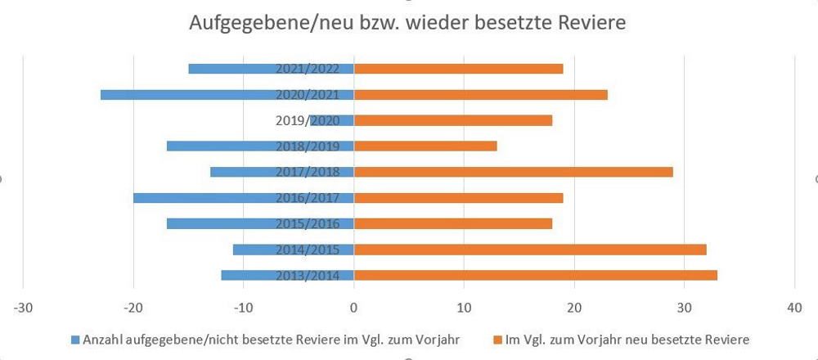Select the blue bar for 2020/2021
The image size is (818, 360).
(188, 94)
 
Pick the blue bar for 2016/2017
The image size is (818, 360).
(204, 197)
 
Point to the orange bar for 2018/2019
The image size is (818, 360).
(425, 146)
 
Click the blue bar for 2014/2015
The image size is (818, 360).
(254, 250)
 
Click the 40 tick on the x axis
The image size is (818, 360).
(794, 308)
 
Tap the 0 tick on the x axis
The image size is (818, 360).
(353, 308)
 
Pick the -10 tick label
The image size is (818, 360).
(243, 308)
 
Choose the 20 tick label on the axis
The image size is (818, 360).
(574, 308)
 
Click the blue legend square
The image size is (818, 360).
(76, 339)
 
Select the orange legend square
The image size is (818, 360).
(497, 339)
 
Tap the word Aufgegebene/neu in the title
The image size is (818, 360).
(256, 22)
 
